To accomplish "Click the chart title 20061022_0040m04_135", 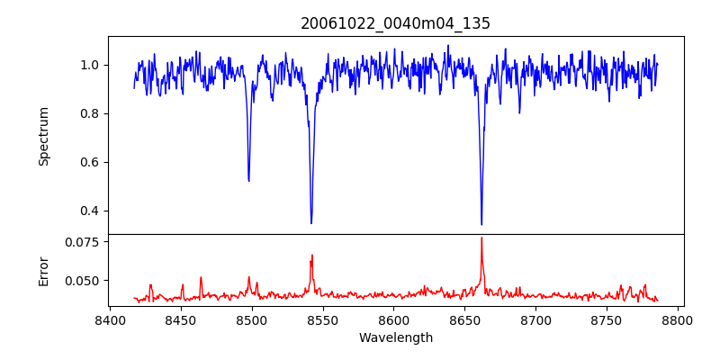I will point(395,23).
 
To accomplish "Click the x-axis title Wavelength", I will point(395,337).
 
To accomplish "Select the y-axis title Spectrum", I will point(43,136).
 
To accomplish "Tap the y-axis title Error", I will point(43,270).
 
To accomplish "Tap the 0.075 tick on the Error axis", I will point(85,242).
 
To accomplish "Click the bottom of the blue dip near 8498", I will point(248,181).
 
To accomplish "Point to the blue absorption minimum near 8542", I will point(311,222).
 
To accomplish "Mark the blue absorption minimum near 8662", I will point(481,224).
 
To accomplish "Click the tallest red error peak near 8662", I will point(481,238).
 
